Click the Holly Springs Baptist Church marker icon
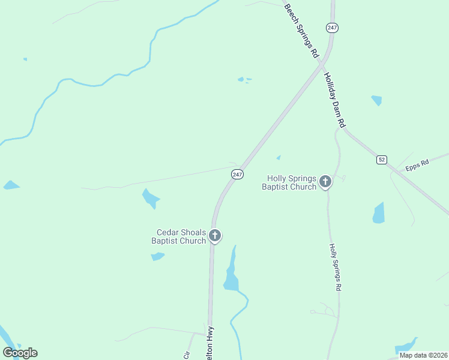click(325, 181)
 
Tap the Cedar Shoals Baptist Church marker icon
click(215, 235)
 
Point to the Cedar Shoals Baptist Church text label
click(181, 236)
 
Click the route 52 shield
click(382, 160)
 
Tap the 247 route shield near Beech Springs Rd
click(332, 28)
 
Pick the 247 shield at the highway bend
click(237, 174)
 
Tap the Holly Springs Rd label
click(336, 268)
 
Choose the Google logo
click(20, 353)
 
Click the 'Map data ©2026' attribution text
click(423, 355)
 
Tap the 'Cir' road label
click(187, 353)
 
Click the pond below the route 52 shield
click(378, 213)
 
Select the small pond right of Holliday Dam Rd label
click(376, 100)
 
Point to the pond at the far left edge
click(10, 185)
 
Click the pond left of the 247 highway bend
click(150, 197)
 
